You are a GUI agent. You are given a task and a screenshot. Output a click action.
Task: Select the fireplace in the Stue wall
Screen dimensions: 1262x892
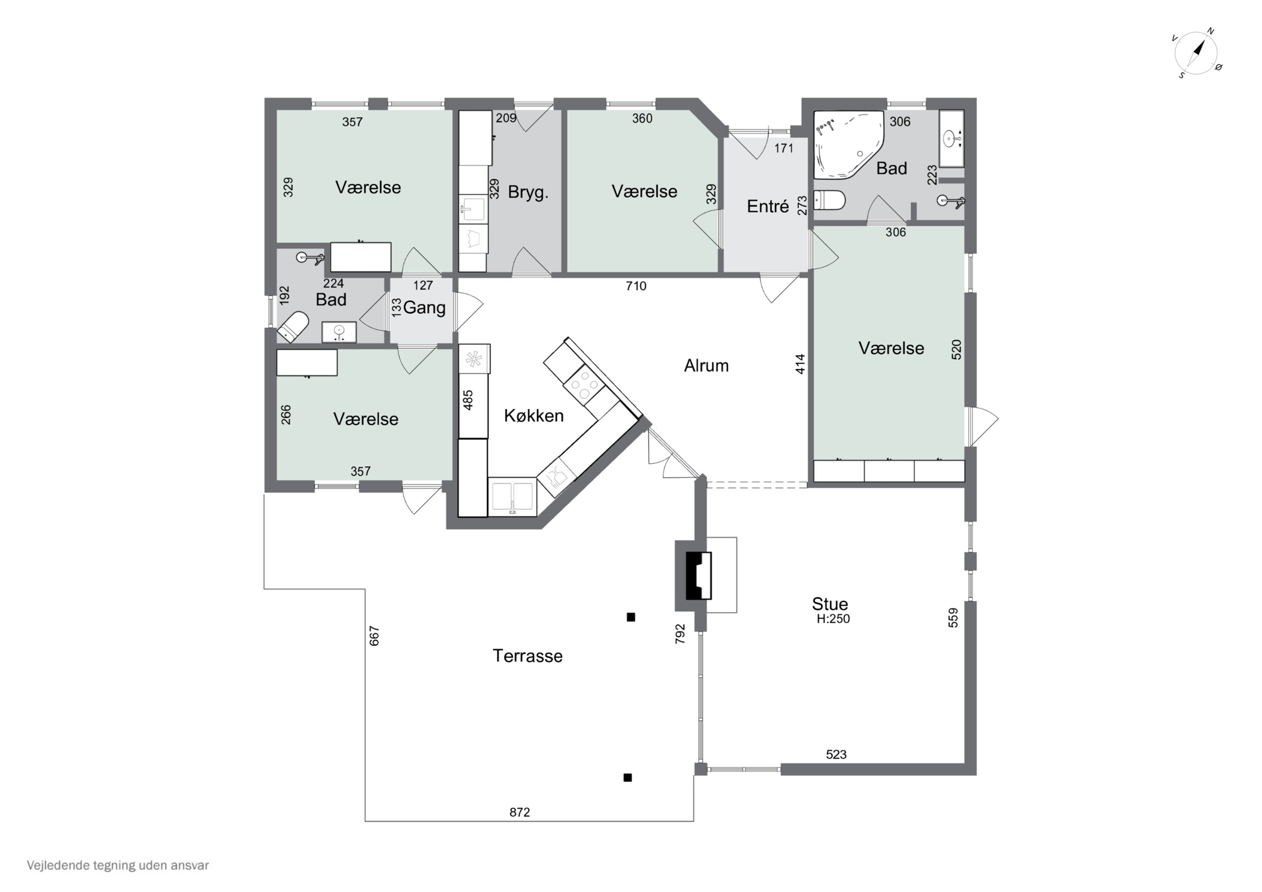698,575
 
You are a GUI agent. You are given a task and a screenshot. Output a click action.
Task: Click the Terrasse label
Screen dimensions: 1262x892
528,656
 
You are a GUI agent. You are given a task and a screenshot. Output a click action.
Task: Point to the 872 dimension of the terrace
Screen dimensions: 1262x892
520,813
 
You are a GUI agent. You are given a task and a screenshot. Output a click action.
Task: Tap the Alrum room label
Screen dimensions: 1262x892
706,365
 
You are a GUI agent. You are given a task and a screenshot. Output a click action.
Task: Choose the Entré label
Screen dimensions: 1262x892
768,206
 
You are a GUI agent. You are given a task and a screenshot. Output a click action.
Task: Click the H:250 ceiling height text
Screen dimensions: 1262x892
833,619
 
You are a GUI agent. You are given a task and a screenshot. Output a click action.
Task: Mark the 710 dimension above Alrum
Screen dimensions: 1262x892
636,286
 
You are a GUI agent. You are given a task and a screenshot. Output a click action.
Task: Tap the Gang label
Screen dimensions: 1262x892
424,308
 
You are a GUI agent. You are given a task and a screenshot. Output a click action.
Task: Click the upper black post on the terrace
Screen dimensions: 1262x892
631,617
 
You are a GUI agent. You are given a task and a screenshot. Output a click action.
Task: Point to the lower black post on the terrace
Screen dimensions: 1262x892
628,778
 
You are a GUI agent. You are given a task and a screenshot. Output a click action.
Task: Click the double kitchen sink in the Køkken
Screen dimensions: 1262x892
512,497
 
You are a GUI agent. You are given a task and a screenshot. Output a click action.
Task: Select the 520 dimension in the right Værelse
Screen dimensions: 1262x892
957,349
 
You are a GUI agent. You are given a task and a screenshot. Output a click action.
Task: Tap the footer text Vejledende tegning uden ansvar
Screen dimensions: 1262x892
118,866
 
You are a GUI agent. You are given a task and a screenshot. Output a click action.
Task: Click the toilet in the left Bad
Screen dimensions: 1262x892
292,328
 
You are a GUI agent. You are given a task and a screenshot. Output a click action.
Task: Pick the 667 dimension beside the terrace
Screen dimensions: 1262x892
374,636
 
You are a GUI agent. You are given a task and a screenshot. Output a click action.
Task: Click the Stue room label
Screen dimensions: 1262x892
830,604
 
